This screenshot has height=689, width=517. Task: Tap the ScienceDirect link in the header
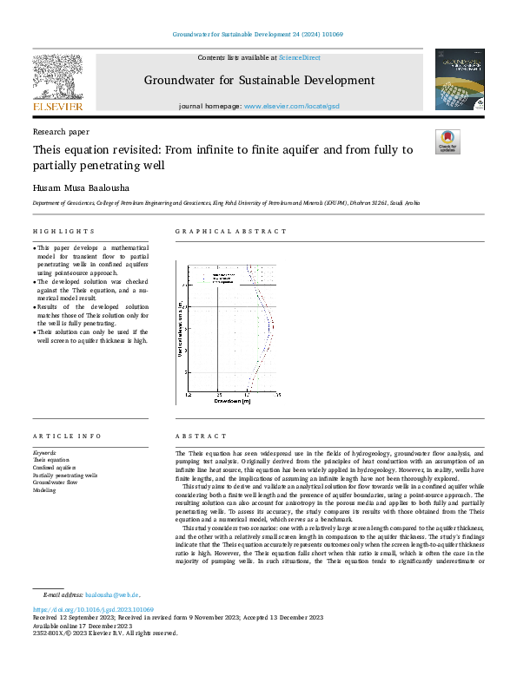tap(300, 57)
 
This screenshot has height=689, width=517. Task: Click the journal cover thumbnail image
tap(460, 80)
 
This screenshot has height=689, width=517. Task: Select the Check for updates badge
tap(447, 142)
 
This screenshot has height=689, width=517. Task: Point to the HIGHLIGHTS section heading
tap(63, 232)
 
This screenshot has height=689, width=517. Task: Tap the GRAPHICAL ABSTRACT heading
tap(230, 232)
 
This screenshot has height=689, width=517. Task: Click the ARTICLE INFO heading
tap(66, 436)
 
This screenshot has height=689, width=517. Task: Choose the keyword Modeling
tap(44, 490)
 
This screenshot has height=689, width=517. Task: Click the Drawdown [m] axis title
tap(232, 401)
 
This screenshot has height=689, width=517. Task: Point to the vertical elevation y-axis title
tap(180, 327)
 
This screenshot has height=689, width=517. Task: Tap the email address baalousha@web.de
tap(112, 595)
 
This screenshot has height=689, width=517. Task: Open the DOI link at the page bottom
tap(93, 610)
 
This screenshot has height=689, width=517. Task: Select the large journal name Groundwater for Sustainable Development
tap(259, 81)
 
